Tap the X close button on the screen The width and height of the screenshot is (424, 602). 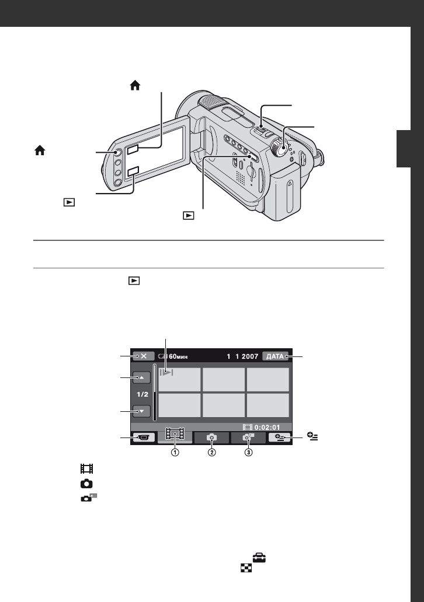[x=144, y=356]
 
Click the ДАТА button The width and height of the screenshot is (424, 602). [x=275, y=356]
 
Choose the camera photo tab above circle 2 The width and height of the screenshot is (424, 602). [x=211, y=437]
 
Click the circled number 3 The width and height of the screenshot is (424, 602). [x=249, y=452]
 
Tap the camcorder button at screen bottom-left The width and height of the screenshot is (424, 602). [x=144, y=437]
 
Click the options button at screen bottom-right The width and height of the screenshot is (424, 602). [x=280, y=437]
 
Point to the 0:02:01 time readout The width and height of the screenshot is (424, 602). [x=267, y=428]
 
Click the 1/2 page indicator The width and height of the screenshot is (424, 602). [x=143, y=394]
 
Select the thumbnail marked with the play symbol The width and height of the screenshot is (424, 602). [x=179, y=380]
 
